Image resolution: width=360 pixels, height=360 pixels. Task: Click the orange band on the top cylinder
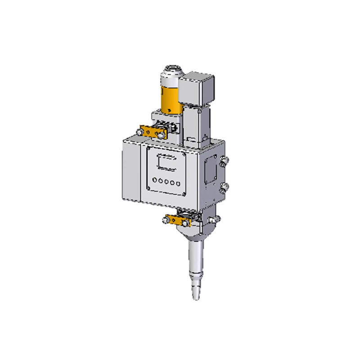pyautogui.click(x=170, y=99)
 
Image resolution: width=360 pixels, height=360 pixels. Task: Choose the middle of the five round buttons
pyautogui.click(x=166, y=182)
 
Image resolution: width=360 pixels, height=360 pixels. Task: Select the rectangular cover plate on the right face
pyautogui.click(x=210, y=171)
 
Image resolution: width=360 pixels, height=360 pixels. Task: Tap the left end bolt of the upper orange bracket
pyautogui.click(x=139, y=131)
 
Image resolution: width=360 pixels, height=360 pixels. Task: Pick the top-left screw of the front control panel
pyautogui.click(x=149, y=148)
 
